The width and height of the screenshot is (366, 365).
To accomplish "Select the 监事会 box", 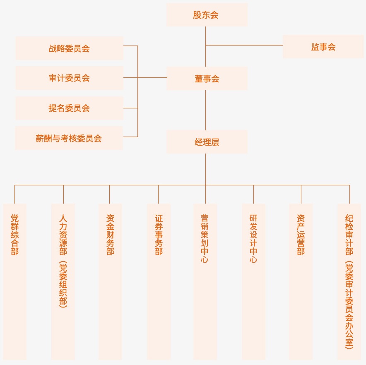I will [323, 47].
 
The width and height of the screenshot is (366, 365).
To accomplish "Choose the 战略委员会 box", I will [69, 48].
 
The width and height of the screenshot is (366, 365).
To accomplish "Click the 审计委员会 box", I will [69, 78].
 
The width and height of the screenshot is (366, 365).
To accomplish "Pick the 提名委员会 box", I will [69, 108].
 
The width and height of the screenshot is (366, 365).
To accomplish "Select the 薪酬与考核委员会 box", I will [69, 138].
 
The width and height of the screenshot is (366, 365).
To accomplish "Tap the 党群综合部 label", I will [15, 234].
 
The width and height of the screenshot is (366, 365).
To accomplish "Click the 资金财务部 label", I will [110, 234].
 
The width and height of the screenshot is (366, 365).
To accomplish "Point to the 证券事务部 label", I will [159, 234].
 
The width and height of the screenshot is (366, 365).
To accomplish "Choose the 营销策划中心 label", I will [205, 238].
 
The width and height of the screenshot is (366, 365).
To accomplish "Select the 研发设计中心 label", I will [253, 238].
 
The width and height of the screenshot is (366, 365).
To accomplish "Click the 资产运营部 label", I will [301, 234].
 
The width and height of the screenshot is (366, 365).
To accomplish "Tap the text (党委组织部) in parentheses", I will [63, 284].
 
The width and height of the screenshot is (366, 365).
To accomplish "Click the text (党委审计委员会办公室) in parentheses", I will [349, 305].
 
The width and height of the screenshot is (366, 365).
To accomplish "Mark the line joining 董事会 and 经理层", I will [206, 110].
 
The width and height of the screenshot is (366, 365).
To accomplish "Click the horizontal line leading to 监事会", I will [244, 45].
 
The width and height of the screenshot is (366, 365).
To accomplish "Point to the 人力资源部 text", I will [63, 234].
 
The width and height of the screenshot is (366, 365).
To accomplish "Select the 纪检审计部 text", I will [349, 234].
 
